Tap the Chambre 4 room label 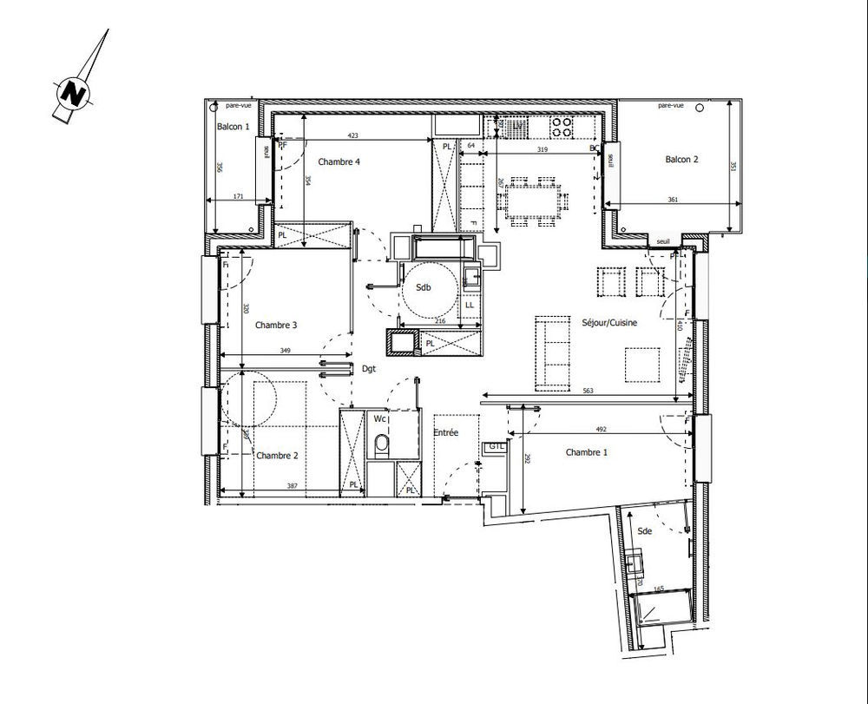(339, 162)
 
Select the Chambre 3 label (276, 326)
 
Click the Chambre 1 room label (587, 452)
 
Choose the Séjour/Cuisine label (609, 323)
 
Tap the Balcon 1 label (233, 128)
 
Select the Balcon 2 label (682, 159)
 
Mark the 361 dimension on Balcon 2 (674, 201)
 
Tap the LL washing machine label (469, 305)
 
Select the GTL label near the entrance (495, 446)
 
